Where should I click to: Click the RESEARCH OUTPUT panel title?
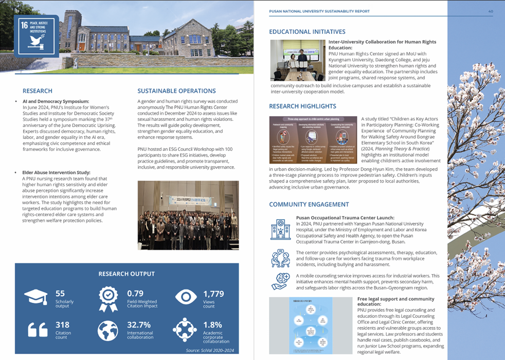coord(127,274)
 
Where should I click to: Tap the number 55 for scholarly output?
coord(60,294)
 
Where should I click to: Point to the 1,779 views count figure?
coord(213,294)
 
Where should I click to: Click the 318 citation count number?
coord(62,325)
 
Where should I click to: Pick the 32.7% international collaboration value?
coord(139,325)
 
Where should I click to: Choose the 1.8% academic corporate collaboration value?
coord(212,325)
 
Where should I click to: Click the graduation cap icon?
coord(36,298)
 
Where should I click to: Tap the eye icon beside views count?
coord(186,297)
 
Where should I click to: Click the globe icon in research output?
coord(108,330)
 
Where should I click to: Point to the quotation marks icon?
coord(35,330)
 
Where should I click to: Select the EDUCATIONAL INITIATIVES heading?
coord(307,32)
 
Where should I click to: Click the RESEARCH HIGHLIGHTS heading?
coord(302,106)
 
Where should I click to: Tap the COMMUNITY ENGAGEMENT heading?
coord(309,205)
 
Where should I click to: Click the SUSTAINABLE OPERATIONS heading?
coord(176,91)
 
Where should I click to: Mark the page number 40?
coord(491,11)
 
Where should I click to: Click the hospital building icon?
coord(281,229)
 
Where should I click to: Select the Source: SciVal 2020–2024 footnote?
coord(210,351)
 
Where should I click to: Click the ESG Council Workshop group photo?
coord(188,215)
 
